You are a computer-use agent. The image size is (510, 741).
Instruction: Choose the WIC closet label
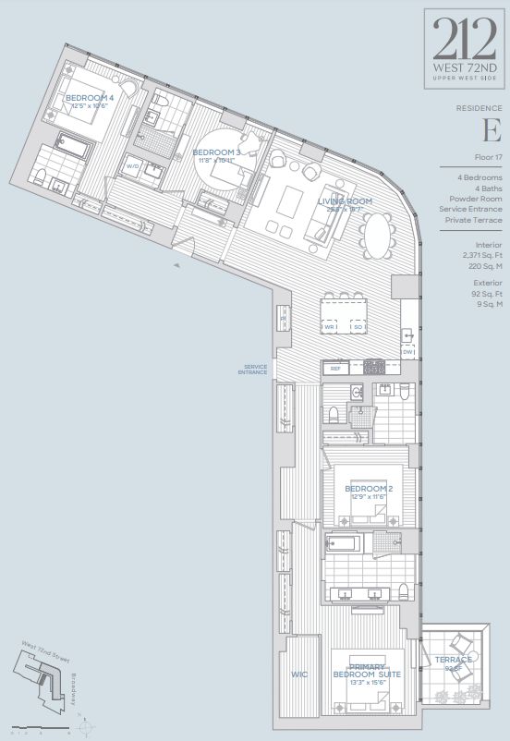298,674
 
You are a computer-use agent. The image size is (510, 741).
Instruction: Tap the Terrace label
454,660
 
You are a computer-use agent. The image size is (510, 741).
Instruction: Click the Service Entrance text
250,370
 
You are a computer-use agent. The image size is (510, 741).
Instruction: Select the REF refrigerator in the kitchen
335,367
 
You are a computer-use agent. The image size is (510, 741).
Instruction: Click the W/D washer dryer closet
133,167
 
